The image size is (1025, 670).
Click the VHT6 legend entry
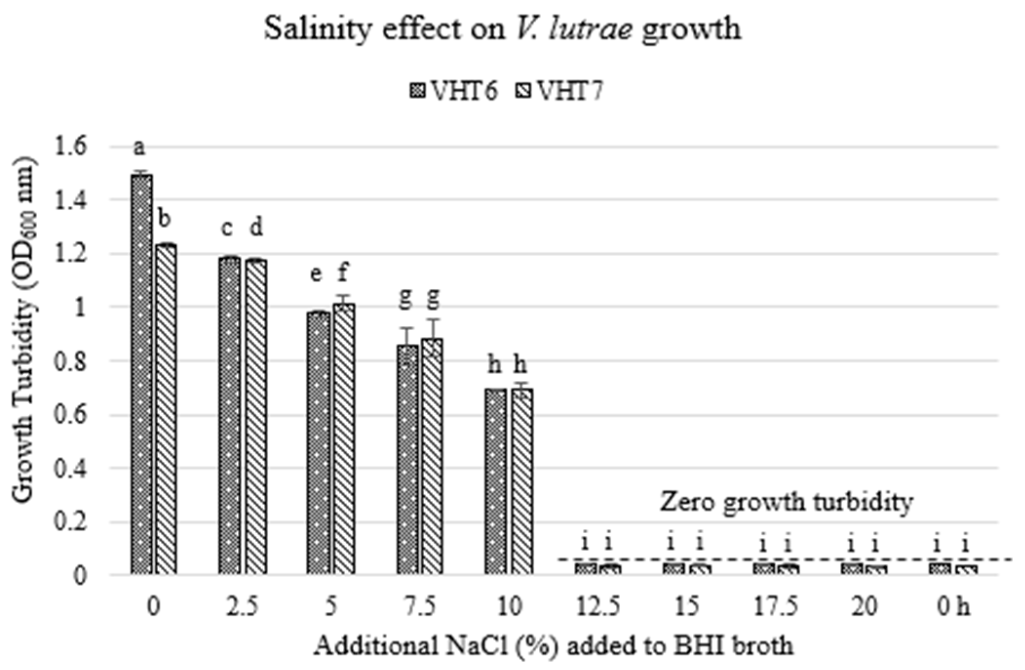click(x=453, y=91)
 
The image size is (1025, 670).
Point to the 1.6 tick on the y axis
click(x=71, y=146)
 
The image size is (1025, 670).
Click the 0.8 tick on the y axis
click(x=71, y=361)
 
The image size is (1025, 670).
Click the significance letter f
click(x=342, y=273)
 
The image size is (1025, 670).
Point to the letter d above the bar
click(x=256, y=227)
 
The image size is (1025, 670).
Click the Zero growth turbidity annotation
click(x=786, y=502)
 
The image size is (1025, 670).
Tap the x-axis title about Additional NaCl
click(x=553, y=647)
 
